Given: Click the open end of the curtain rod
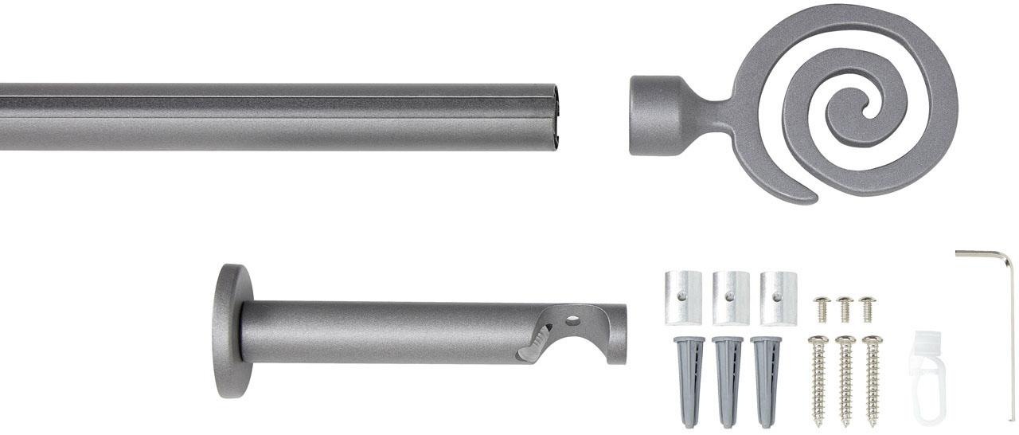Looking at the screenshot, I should point(555,116).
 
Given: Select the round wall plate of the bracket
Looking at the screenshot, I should point(228,331).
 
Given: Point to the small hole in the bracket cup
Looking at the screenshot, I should point(572,322).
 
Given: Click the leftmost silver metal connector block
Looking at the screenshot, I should point(683,297).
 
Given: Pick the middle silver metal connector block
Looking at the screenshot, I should point(730,297).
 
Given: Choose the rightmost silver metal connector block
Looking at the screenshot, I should point(778,297).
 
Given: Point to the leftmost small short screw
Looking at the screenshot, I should point(822,308).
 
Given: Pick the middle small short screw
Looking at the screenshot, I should point(845,308).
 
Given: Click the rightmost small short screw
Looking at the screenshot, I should point(868,308).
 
